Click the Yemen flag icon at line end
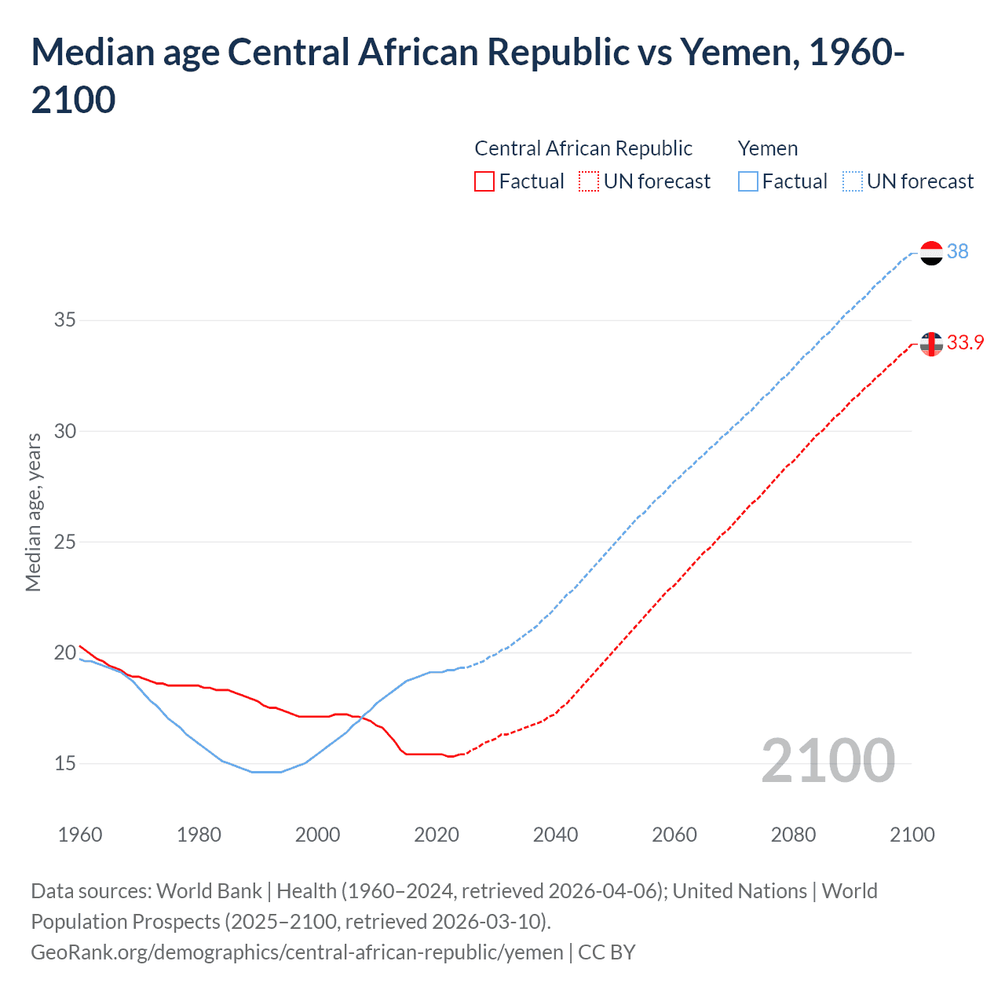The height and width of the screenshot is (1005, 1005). [931, 253]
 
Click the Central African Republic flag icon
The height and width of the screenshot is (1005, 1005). [931, 344]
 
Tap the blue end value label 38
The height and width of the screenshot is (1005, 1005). [957, 251]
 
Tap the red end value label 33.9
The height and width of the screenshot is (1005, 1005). [965, 342]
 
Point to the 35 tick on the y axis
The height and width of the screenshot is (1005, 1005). [64, 320]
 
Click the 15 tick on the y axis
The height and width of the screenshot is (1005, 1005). [64, 763]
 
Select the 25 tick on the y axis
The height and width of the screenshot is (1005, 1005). [64, 542]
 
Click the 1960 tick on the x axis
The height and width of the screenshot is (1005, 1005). [80, 835]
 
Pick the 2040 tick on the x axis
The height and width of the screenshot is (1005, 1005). [555, 835]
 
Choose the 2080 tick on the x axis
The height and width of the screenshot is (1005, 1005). [793, 835]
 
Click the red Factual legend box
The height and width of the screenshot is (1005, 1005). [484, 181]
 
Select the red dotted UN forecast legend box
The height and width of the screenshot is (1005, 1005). [589, 181]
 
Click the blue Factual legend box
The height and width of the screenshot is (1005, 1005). [748, 181]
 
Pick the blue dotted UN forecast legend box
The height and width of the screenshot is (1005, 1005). [853, 181]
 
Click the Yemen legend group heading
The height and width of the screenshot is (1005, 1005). [767, 148]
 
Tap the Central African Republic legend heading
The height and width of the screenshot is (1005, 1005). [583, 148]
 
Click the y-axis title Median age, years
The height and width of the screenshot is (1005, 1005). [33, 512]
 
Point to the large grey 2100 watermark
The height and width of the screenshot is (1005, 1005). [828, 761]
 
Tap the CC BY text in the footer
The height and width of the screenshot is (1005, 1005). [607, 952]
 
